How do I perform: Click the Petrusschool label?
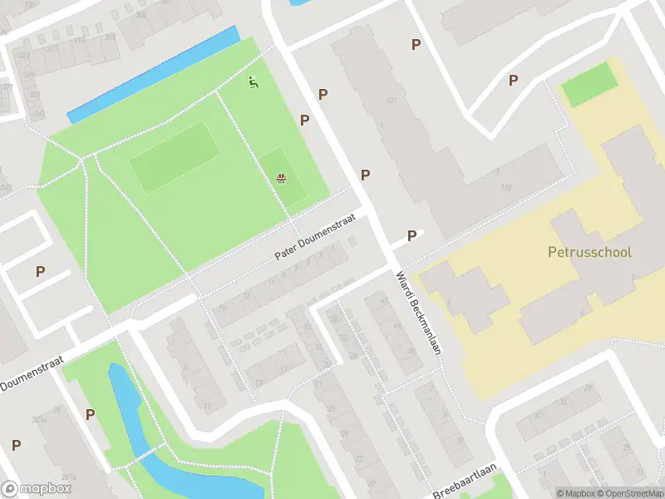coord(589,252)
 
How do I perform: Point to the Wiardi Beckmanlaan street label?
coord(416,311)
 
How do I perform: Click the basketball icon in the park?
coord(282,178)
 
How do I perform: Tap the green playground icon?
coord(253,82)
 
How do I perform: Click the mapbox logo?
coord(36,489)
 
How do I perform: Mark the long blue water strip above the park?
coord(153,75)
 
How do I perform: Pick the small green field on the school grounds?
coord(589,84)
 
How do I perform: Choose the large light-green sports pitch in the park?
coord(175,157)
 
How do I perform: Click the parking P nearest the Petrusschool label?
coord(411,236)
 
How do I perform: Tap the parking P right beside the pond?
coord(90,414)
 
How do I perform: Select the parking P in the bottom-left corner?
coord(16,445)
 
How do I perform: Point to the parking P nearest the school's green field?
coord(513,80)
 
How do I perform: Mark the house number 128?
coord(506,188)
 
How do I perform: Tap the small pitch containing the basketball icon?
coord(283,175)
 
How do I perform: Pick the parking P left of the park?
coord(40,271)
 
